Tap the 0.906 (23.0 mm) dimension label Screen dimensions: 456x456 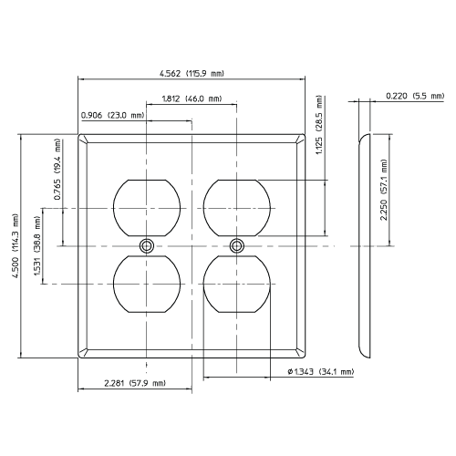[113, 115]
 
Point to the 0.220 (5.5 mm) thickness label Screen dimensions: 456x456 [413, 96]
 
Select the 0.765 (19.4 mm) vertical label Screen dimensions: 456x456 [57, 171]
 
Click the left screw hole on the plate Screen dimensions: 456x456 [145, 245]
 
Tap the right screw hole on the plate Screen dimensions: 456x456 [237, 245]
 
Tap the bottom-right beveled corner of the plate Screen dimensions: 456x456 [298, 351]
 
